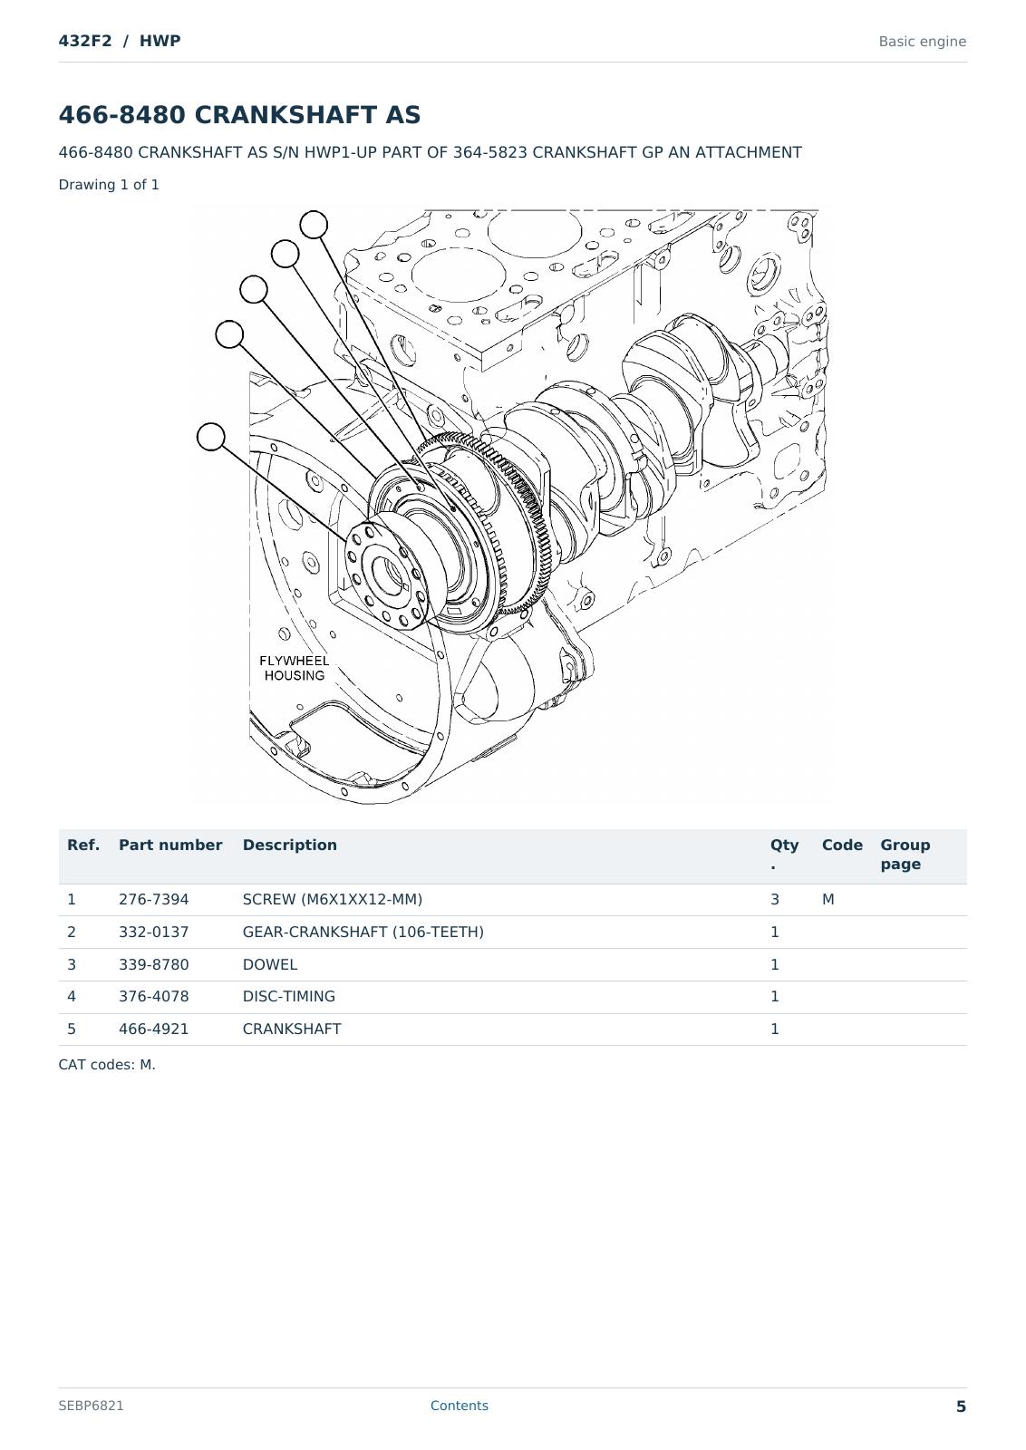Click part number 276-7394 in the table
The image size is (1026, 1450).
point(153,899)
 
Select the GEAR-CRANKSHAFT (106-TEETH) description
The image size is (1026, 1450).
point(363,932)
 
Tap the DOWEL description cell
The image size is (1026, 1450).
point(270,964)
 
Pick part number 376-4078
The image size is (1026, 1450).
point(153,996)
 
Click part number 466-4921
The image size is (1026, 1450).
point(153,1029)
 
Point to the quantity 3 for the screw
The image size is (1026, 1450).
point(775,899)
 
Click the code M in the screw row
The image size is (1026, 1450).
point(828,899)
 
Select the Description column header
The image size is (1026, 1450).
point(289,845)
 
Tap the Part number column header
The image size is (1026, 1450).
point(170,845)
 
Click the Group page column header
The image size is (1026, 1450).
point(905,855)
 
